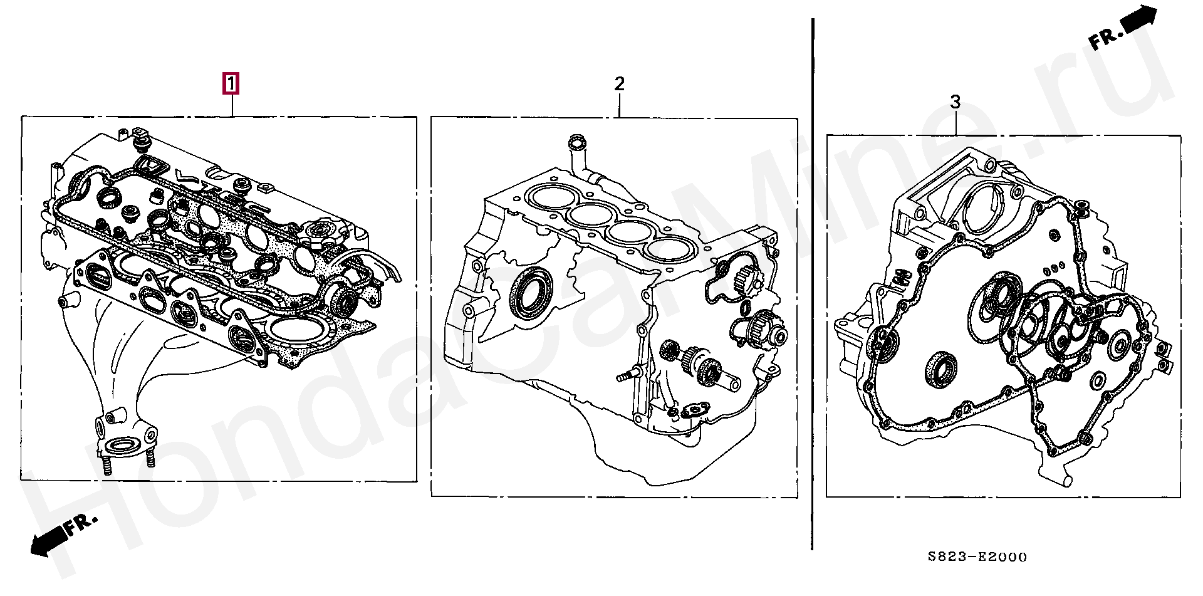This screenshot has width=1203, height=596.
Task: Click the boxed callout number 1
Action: pos(231,83)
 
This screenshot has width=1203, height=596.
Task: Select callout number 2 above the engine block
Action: pos(619,83)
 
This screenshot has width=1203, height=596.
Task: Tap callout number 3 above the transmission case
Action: pos(955,102)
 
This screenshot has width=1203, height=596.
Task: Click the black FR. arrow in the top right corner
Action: pos(1121,28)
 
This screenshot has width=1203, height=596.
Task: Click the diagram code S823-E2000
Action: pos(977,557)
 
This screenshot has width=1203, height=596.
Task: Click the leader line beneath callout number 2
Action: pos(619,105)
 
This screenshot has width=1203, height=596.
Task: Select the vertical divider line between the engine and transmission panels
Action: pos(813,284)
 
